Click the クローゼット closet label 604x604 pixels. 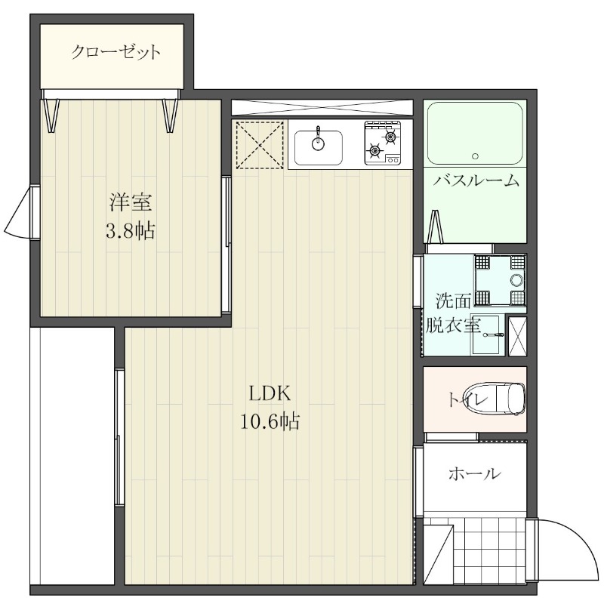(x=116, y=53)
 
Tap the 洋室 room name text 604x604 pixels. (x=130, y=203)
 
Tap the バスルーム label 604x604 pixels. (x=476, y=180)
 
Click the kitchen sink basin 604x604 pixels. (x=318, y=146)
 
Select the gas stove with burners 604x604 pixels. (x=383, y=143)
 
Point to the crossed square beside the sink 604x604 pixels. (x=258, y=144)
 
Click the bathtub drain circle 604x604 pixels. (x=475, y=156)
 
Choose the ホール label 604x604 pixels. (x=474, y=474)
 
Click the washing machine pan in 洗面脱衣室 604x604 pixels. (x=499, y=280)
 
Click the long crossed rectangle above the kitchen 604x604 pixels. (x=322, y=107)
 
